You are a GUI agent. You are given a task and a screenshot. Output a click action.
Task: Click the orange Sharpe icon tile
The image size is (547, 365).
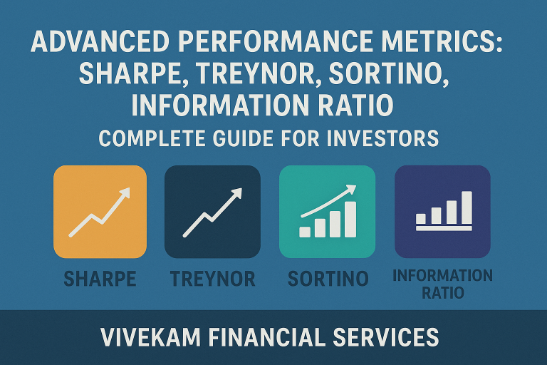[100, 212]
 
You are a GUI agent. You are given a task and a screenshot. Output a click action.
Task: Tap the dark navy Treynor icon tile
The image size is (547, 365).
[212, 212]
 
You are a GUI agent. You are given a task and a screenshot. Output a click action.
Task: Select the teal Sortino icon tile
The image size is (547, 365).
[328, 212]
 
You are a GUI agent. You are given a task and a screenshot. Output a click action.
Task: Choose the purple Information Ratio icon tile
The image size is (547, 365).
[443, 212]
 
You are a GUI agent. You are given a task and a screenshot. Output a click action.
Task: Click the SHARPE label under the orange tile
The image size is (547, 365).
[100, 279]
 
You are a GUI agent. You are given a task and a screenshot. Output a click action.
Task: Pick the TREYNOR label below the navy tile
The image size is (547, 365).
[212, 279]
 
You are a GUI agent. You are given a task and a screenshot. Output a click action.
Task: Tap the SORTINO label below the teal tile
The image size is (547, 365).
[328, 279]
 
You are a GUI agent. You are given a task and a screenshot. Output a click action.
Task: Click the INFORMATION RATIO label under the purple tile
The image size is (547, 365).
[443, 283]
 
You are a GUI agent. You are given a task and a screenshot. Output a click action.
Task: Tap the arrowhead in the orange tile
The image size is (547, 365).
[125, 192]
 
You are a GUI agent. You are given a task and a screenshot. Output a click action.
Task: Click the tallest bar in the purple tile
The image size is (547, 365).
[467, 207]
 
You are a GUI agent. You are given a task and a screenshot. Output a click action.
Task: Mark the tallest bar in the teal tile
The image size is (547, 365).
[350, 219]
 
